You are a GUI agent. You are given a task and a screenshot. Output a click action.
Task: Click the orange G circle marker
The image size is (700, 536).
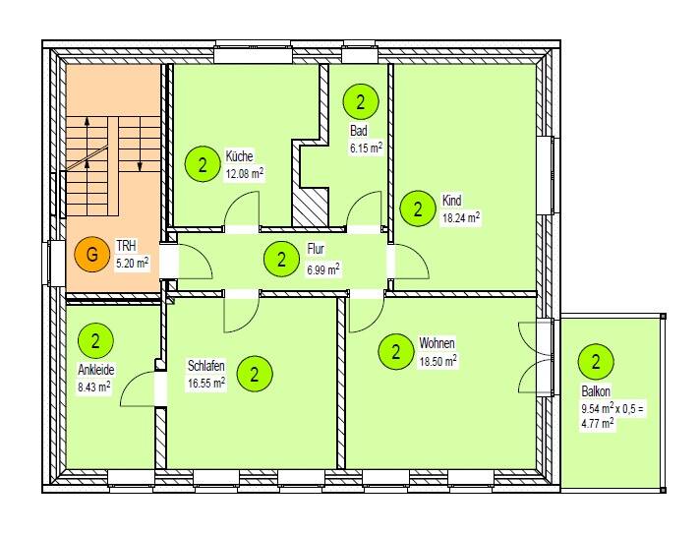pos(91,254)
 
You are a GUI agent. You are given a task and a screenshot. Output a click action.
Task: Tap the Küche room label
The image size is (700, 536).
pos(239,156)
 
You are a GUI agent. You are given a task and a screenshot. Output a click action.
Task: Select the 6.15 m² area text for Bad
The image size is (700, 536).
pos(366,149)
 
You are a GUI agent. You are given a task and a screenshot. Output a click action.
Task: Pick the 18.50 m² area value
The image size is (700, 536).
pos(438,361)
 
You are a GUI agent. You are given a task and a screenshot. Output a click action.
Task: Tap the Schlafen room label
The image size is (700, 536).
pos(206,366)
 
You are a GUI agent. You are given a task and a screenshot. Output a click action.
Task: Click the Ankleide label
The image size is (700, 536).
pos(95,371)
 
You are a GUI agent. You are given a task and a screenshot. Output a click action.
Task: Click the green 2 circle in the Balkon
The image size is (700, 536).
pos(596,361)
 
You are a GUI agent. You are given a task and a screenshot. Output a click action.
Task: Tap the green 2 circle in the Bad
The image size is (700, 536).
pos(361,101)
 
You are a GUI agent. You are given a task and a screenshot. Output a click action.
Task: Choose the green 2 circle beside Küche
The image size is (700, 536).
pos(203,164)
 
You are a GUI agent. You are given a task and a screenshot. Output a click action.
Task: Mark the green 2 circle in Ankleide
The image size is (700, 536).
pos(96,341)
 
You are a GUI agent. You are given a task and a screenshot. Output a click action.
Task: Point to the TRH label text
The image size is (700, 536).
pos(125,246)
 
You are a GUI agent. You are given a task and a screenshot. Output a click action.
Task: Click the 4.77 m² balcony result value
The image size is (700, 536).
pos(597,423)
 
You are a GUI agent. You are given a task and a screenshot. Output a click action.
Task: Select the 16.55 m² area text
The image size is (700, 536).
pos(206,383)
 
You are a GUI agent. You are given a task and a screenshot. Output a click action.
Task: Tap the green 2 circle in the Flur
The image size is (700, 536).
pos(282,260)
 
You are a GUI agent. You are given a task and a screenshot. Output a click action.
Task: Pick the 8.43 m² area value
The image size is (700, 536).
pos(94,387)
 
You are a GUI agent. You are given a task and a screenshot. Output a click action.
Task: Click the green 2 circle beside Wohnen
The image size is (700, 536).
pos(395,351)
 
